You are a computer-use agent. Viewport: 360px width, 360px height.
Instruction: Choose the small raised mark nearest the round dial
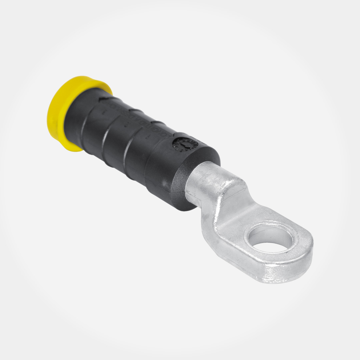point(147,137)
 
